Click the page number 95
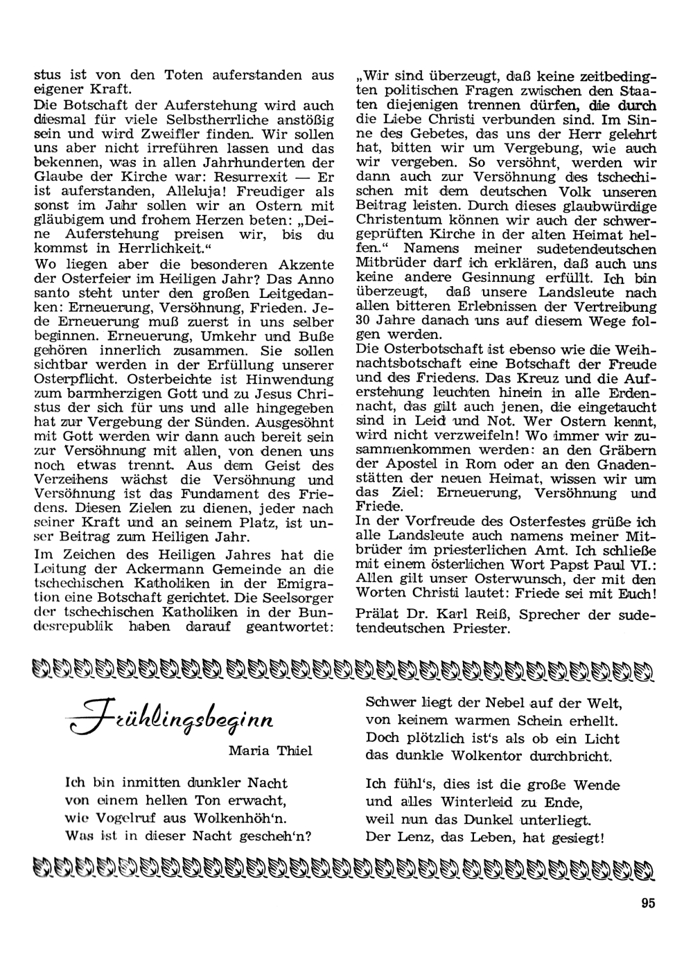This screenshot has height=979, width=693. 648,902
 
